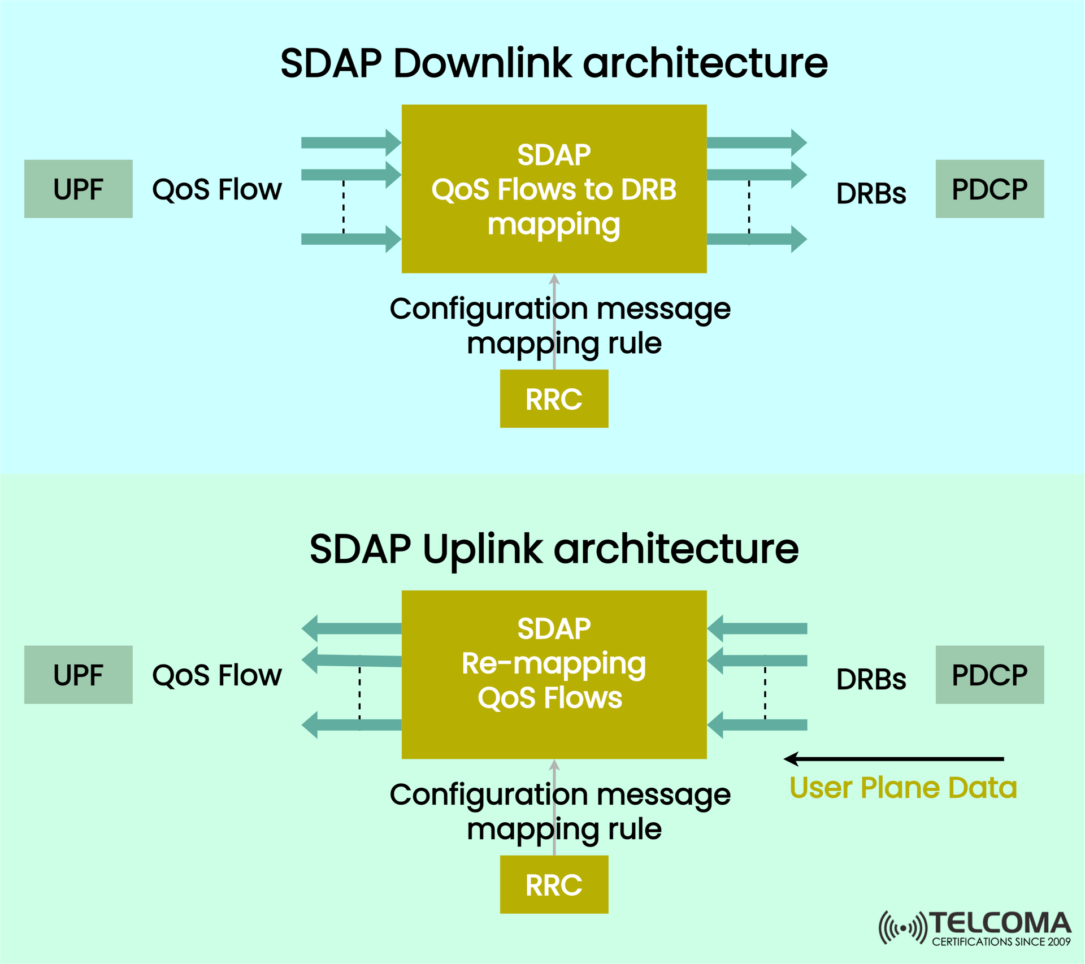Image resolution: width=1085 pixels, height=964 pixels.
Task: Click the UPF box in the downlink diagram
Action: [x=78, y=189]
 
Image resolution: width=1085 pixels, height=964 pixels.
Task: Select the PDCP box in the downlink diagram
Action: [x=989, y=189]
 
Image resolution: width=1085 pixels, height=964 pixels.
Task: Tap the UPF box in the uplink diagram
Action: [x=78, y=675]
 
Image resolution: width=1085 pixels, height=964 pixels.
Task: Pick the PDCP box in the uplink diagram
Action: [x=989, y=675]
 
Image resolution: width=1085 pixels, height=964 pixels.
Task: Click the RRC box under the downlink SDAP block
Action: [x=554, y=399]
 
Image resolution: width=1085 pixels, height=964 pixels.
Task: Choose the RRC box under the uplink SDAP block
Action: [x=554, y=885]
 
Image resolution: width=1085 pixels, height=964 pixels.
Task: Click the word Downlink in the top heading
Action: [x=483, y=63]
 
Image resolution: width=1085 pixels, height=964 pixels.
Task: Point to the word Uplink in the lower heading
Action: [x=483, y=549]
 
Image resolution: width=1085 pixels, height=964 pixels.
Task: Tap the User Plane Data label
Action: [x=902, y=788]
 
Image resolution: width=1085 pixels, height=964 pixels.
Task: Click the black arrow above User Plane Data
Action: [x=893, y=759]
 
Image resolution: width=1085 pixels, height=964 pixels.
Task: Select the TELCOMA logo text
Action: [x=1000, y=923]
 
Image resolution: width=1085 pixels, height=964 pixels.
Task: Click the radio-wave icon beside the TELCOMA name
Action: [x=902, y=927]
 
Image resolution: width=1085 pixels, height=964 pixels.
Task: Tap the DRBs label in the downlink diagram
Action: [x=871, y=193]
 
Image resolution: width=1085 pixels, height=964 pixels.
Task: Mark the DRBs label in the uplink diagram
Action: [x=871, y=679]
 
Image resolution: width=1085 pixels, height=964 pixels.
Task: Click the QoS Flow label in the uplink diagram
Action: [x=217, y=675]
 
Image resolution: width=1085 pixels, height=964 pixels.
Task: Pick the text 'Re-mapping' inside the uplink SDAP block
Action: [x=554, y=663]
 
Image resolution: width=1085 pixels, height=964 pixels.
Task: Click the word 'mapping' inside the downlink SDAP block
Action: [x=554, y=224]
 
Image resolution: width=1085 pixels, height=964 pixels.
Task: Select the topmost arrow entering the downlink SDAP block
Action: [x=350, y=142]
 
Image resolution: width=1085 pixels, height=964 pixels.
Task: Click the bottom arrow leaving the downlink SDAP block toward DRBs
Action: [x=756, y=239]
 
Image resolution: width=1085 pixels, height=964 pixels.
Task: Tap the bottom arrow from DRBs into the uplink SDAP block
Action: [x=757, y=725]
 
